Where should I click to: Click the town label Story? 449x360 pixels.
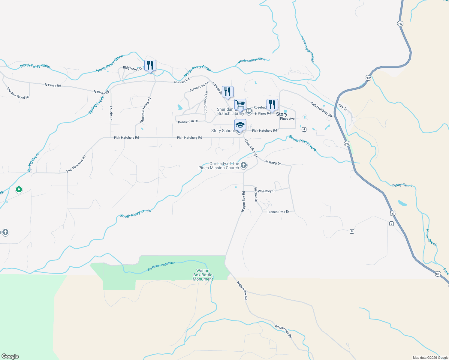pyautogui.click(x=282, y=114)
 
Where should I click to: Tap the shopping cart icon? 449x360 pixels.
pyautogui.click(x=240, y=105)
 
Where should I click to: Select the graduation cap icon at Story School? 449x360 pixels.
pyautogui.click(x=240, y=125)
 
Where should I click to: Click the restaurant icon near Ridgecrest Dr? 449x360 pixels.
pyautogui.click(x=150, y=65)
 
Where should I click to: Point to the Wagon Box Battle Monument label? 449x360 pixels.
pyautogui.click(x=203, y=275)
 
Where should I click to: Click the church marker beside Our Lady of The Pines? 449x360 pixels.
pyautogui.click(x=244, y=165)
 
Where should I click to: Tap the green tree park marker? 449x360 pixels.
pyautogui.click(x=19, y=190)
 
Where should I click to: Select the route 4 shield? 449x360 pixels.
pyautogui.click(x=304, y=129)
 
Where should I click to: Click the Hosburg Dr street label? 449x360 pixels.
pyautogui.click(x=273, y=163)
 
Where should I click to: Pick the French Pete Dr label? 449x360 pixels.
pyautogui.click(x=278, y=212)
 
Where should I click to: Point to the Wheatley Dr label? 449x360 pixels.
pyautogui.click(x=267, y=191)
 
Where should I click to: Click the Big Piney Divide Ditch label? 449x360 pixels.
pyautogui.click(x=161, y=266)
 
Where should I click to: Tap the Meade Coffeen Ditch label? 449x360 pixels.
pyautogui.click(x=251, y=60)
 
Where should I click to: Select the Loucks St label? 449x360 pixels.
pyautogui.click(x=111, y=113)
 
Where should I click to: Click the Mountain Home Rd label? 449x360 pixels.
pyautogui.click(x=145, y=110)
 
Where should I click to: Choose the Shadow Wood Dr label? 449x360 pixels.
pyautogui.click(x=18, y=93)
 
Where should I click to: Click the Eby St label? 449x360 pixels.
pyautogui.click(x=343, y=107)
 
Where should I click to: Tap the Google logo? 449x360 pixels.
pyautogui.click(x=10, y=356)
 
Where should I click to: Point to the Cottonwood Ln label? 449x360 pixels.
pyautogui.click(x=206, y=102)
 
